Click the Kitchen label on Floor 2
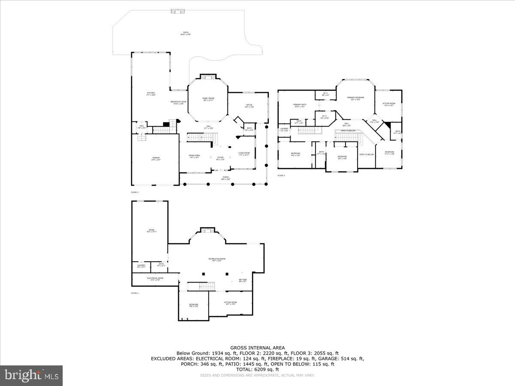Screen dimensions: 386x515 [x=151, y=93]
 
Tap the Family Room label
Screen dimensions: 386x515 [x=208, y=99]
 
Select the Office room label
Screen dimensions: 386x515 [x=249, y=106]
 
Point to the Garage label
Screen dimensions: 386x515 [x=156, y=159]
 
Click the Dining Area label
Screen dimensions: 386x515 [x=194, y=156]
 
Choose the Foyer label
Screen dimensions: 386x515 [x=220, y=158]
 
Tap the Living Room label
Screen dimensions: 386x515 [x=244, y=154]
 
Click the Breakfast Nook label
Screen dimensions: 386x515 [x=178, y=103]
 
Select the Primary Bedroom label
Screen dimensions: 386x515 [x=355, y=98]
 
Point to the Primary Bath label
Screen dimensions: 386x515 [x=300, y=106]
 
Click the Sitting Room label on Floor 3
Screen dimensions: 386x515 [x=389, y=104]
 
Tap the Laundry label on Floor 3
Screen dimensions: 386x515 [x=284, y=130]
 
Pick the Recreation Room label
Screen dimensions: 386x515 [x=217, y=259]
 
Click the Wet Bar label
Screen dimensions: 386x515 [x=242, y=280]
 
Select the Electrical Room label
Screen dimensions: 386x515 [x=155, y=279]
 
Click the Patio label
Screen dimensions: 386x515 [x=186, y=33]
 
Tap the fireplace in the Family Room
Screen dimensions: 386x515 [x=208, y=77]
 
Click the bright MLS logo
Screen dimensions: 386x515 [x=31, y=376]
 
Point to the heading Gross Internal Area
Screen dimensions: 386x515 [x=257, y=348]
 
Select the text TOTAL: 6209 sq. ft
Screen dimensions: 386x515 [x=257, y=369]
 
